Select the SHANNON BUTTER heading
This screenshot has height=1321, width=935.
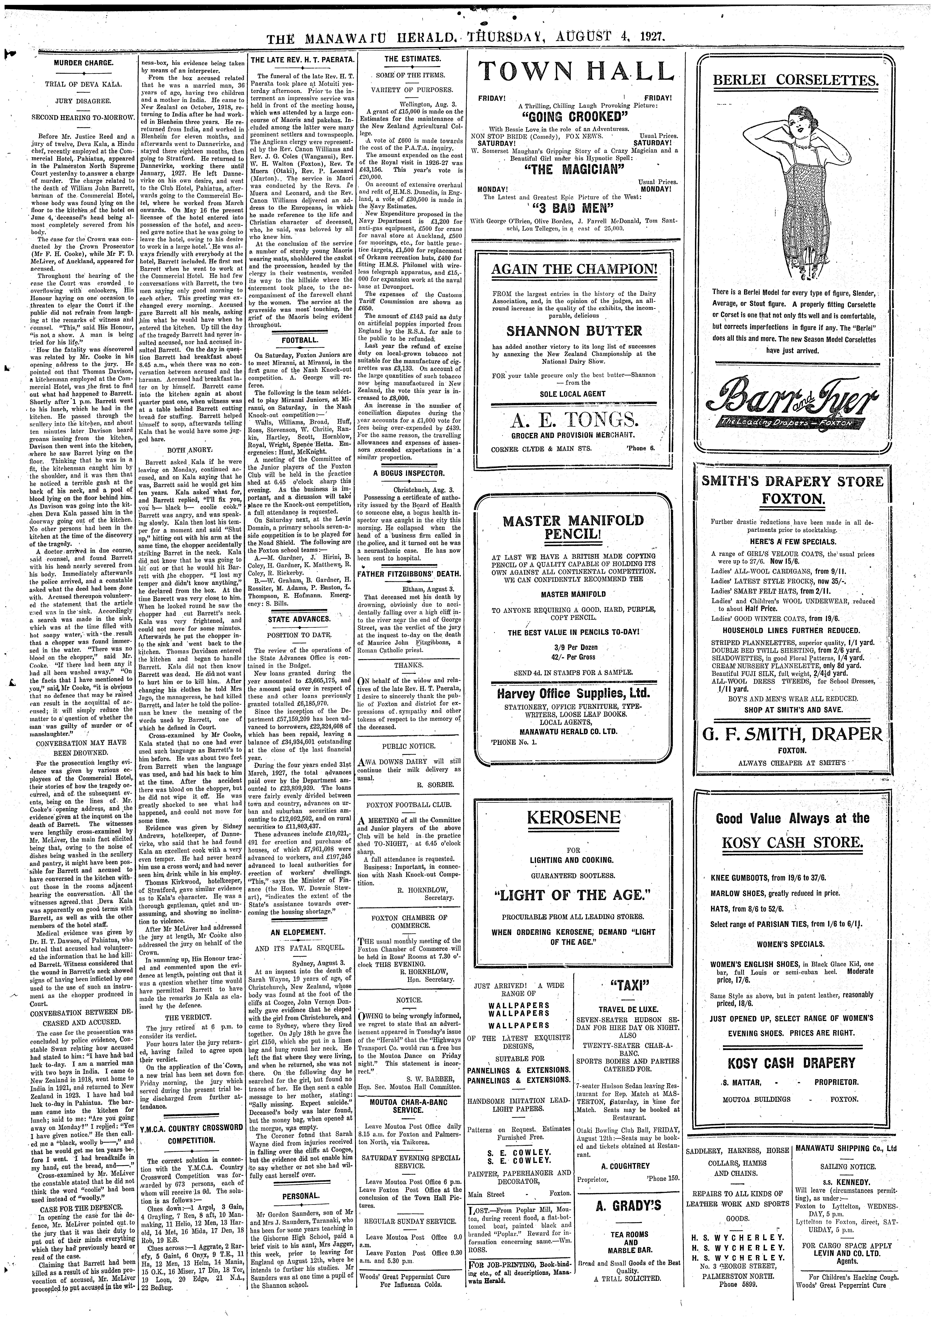(573, 331)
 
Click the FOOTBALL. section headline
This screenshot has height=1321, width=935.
(299, 340)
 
